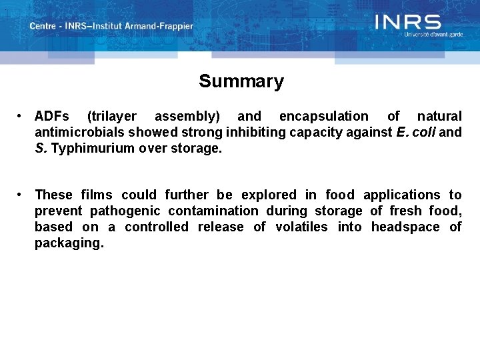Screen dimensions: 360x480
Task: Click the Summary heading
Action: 241,81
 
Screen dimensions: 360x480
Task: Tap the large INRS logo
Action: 408,22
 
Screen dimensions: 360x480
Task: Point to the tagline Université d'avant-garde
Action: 433,34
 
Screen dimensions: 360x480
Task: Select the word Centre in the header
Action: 43,26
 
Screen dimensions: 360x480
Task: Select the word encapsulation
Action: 323,116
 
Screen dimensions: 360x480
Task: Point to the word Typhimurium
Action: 93,148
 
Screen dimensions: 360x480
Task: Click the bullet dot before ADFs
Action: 22,116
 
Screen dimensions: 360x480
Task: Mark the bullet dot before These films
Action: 22,195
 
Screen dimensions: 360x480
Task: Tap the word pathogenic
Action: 125,211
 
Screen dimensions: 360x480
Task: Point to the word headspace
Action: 405,227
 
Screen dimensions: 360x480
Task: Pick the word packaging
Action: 69,243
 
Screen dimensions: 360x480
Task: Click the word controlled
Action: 157,227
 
